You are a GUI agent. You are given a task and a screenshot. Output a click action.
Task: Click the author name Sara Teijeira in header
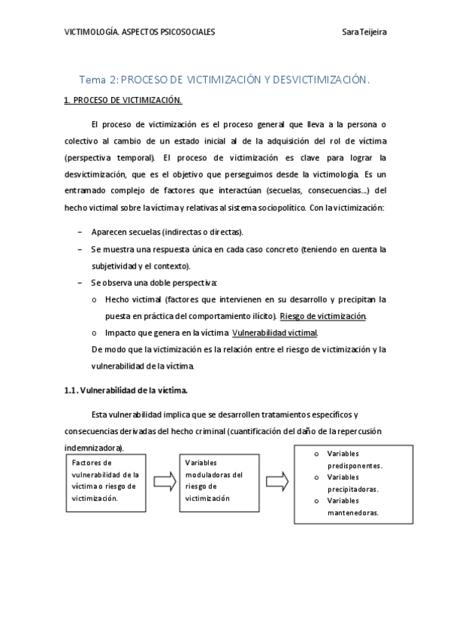click(365, 32)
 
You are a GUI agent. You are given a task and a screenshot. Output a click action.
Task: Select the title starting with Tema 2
click(225, 79)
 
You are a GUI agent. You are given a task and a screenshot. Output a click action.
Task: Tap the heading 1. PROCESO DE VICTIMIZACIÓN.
click(122, 99)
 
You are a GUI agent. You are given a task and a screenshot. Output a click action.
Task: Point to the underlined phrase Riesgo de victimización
click(322, 316)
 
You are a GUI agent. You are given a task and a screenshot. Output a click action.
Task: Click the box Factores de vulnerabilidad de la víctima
click(104, 480)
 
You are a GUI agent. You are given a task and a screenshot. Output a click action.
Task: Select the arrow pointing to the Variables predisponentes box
click(276, 480)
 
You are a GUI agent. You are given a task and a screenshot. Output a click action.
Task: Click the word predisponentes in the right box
click(355, 466)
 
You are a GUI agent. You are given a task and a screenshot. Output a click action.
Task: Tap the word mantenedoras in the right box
click(352, 513)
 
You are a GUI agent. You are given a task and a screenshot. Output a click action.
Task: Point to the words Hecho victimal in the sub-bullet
click(130, 299)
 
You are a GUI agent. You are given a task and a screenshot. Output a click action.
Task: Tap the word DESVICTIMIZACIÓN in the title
click(313, 79)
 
